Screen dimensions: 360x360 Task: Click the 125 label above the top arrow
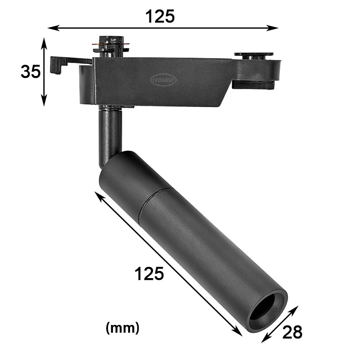(x=160, y=16)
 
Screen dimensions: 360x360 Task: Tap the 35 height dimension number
(x=31, y=72)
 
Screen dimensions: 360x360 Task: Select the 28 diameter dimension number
(x=292, y=332)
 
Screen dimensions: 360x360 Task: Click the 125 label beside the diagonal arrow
(x=149, y=274)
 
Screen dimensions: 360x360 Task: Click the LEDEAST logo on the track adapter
(x=163, y=80)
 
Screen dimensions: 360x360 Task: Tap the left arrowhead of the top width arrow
(x=52, y=28)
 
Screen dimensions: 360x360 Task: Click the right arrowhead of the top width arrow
(x=273, y=28)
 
